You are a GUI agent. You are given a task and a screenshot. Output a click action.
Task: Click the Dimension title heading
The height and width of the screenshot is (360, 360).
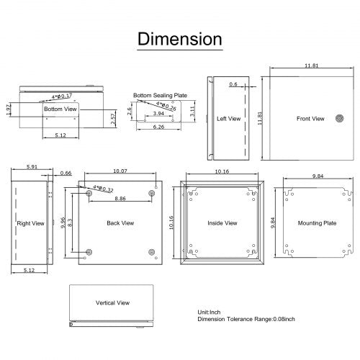point(180,37)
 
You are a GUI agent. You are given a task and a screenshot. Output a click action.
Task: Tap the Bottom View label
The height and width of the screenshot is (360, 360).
point(60,109)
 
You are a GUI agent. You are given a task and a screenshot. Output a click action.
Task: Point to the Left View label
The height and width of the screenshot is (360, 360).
point(228,120)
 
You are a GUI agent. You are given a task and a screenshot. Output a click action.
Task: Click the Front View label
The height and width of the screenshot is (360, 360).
point(310,118)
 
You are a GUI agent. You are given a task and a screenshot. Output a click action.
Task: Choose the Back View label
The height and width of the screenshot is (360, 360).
point(120,223)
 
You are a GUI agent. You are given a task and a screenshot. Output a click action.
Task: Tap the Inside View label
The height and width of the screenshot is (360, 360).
point(222,223)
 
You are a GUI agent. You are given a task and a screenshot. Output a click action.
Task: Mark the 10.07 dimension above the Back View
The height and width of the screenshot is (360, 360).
point(121,171)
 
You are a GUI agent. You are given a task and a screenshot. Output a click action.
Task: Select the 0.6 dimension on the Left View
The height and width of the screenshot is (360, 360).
point(233,84)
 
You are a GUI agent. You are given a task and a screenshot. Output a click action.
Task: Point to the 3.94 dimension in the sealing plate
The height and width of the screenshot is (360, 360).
point(158,114)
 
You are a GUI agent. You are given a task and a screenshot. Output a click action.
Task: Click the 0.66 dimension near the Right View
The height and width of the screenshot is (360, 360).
point(66,174)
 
